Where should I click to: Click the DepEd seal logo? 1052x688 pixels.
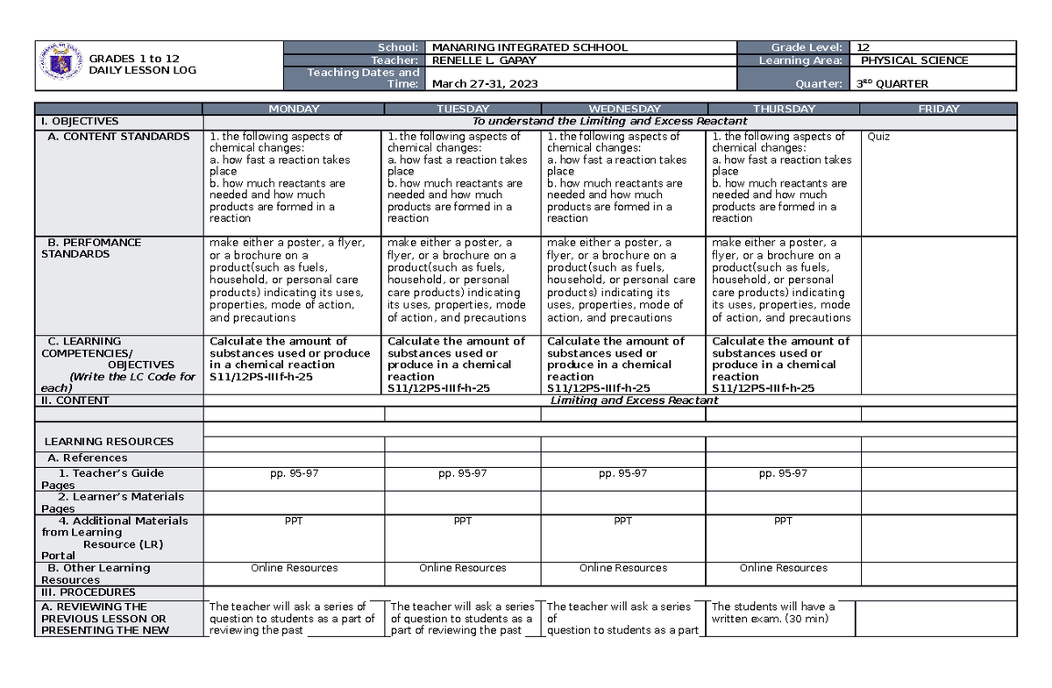point(60,64)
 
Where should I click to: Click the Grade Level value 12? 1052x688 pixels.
point(864,47)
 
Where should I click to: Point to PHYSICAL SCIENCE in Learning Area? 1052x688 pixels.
point(914,60)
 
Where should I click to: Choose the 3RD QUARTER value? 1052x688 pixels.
point(891,84)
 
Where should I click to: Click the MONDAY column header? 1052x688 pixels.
point(293,109)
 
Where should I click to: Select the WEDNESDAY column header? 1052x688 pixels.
point(623,109)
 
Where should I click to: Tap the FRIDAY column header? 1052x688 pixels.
point(938,109)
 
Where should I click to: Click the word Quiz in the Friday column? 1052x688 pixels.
point(878,137)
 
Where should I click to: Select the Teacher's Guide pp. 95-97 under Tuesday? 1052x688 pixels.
point(462,473)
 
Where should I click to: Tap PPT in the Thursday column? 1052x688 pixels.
point(783,521)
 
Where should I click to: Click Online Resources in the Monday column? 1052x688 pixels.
point(293,568)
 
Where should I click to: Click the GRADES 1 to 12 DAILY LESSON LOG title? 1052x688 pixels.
point(142,64)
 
